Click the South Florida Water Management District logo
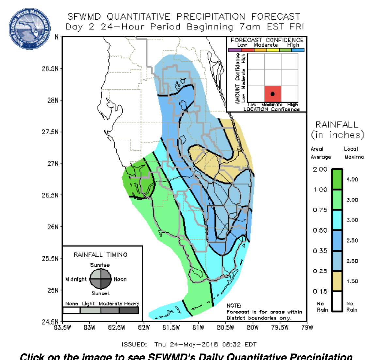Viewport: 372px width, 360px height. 30,29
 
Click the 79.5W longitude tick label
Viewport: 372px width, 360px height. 280,327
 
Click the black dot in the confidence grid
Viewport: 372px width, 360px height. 272,94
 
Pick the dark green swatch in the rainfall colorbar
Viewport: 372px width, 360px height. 337,179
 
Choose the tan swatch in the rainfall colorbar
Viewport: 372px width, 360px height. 337,281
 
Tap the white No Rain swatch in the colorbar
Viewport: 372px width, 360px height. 337,301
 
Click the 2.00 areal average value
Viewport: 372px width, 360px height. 320,169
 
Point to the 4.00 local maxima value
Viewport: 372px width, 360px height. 352,179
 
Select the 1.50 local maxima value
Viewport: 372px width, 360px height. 352,281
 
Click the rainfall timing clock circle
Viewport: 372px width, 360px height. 100,279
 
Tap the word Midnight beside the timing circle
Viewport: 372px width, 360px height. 76,279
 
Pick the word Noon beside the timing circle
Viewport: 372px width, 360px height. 120,279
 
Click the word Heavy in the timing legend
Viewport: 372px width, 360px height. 132,304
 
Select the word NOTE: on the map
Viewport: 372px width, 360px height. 234,306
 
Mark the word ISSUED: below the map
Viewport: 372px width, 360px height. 134,345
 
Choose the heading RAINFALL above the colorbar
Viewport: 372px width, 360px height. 337,124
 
